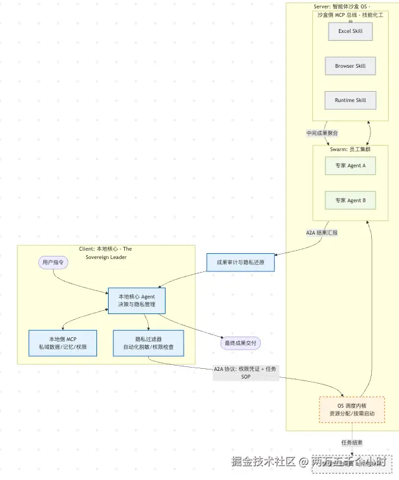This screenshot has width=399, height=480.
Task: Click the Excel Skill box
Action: click(350, 31)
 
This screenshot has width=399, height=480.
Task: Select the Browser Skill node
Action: click(350, 66)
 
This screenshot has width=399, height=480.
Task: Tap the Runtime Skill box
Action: click(350, 100)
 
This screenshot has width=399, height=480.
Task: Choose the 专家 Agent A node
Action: click(350, 165)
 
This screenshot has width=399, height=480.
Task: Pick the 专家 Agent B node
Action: click(350, 200)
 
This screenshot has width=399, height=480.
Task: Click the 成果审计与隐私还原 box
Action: click(241, 262)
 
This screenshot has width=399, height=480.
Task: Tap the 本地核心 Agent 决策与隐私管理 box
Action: click(136, 300)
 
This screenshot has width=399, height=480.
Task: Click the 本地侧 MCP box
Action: click(63, 343)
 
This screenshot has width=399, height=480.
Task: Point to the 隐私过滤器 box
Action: click(148, 343)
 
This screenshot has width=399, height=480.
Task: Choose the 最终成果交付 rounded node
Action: click(241, 342)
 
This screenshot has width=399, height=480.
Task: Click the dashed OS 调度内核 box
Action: click(352, 409)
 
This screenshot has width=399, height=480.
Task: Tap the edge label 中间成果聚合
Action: click(322, 133)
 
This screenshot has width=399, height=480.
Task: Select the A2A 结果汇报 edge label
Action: click(321, 232)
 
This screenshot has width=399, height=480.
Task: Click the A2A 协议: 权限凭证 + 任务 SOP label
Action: click(245, 373)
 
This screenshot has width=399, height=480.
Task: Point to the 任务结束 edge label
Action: click(352, 443)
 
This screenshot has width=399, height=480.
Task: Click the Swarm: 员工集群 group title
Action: click(350, 149)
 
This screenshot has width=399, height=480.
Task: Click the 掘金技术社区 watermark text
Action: click(264, 462)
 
